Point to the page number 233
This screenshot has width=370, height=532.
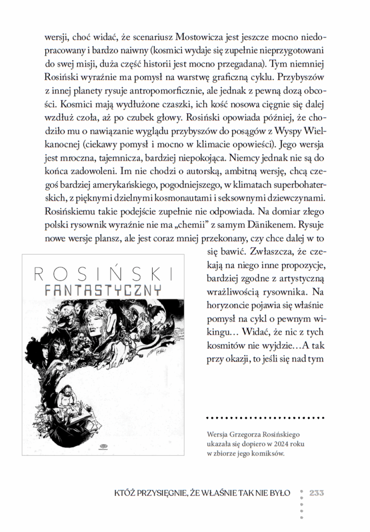click(x=317, y=493)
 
